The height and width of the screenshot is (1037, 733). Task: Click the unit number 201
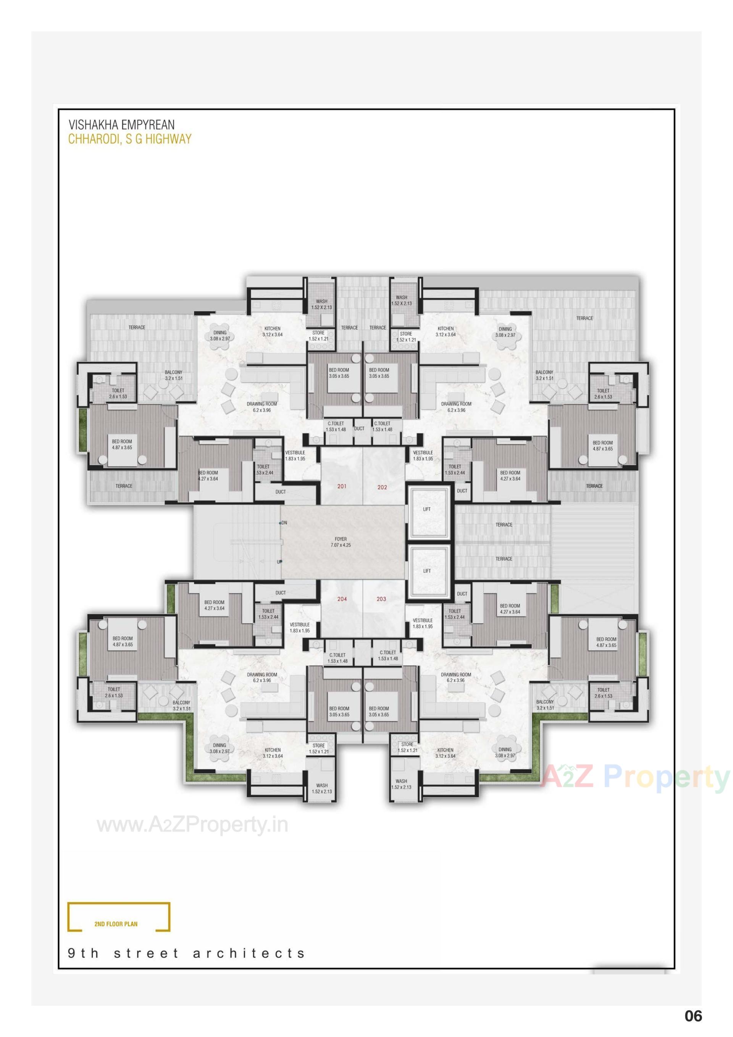[x=342, y=486]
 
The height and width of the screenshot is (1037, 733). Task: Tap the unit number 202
[x=382, y=487]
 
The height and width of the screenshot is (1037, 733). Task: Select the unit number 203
[x=381, y=599]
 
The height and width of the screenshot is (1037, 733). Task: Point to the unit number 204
[x=342, y=599]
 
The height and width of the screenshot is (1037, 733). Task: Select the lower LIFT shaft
[x=427, y=571]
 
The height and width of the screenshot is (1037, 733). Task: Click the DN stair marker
[x=283, y=523]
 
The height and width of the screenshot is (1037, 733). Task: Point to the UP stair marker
[x=279, y=562]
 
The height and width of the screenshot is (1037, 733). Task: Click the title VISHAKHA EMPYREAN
[x=121, y=124]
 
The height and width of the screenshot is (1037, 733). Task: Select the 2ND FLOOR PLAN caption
[x=116, y=924]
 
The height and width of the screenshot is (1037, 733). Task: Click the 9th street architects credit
[x=187, y=953]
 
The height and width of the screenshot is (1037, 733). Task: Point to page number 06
[x=693, y=1016]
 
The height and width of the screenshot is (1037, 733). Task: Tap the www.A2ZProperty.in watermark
[x=192, y=825]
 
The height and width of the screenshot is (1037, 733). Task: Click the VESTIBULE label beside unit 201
[x=295, y=455]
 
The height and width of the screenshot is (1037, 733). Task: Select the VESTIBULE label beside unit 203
[x=423, y=623]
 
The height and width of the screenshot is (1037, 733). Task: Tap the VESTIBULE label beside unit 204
[x=299, y=627]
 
